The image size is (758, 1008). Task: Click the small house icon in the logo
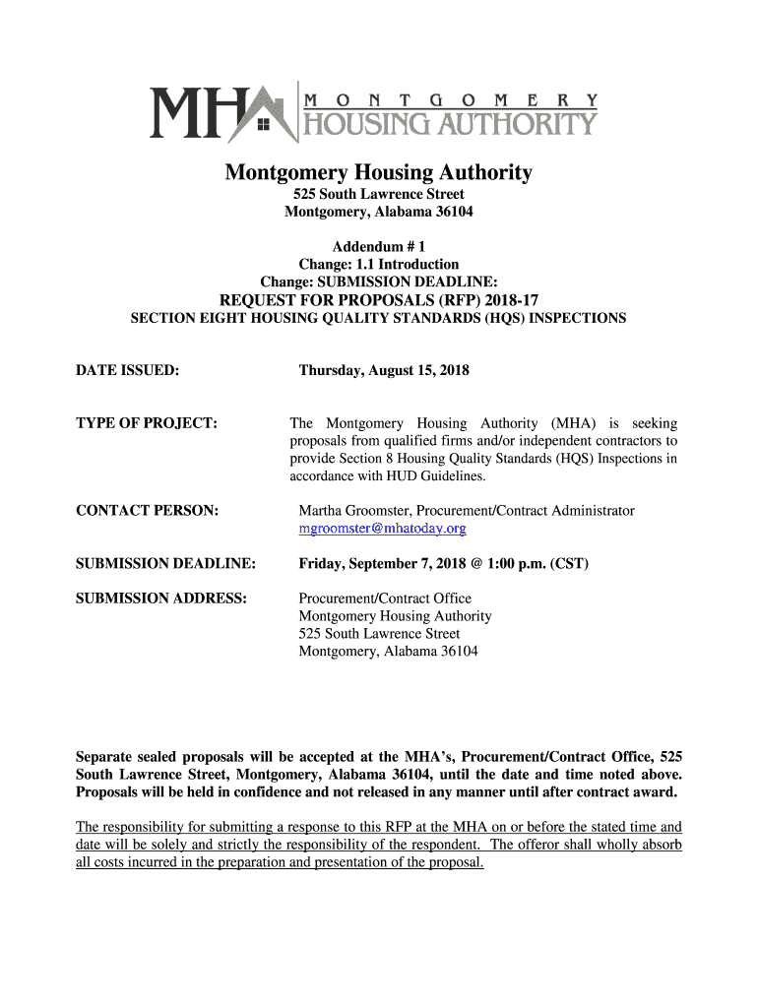tap(262, 125)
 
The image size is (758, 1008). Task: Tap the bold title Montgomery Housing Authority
tap(378, 173)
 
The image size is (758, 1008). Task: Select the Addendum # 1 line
tap(378, 246)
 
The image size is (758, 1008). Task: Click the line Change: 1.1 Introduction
tap(378, 264)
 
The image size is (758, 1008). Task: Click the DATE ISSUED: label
tap(127, 370)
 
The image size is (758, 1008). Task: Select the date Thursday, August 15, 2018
tap(384, 370)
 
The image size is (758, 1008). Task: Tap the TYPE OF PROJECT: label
tap(146, 422)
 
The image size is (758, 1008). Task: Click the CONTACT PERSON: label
tap(147, 510)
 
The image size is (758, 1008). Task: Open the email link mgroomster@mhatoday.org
tap(382, 528)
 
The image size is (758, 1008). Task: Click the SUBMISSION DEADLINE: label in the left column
tap(165, 563)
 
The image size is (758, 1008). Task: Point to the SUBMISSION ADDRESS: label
tap(160, 598)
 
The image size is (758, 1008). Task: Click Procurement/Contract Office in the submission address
tap(385, 598)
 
